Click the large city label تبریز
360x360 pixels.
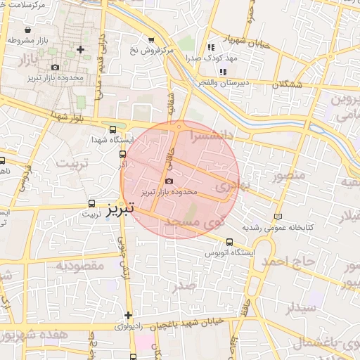pos(122,211)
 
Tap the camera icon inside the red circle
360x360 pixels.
pos(168,181)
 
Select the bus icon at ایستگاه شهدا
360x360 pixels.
pos(114,129)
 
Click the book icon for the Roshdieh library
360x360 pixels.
pos(279,216)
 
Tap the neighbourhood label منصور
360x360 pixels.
pos(289,174)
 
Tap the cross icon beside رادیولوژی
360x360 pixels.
pos(128,316)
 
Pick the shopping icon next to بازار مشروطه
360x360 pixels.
pos(27,31)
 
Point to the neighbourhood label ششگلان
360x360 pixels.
pos(287,82)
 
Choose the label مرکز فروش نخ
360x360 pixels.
pos(151,51)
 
